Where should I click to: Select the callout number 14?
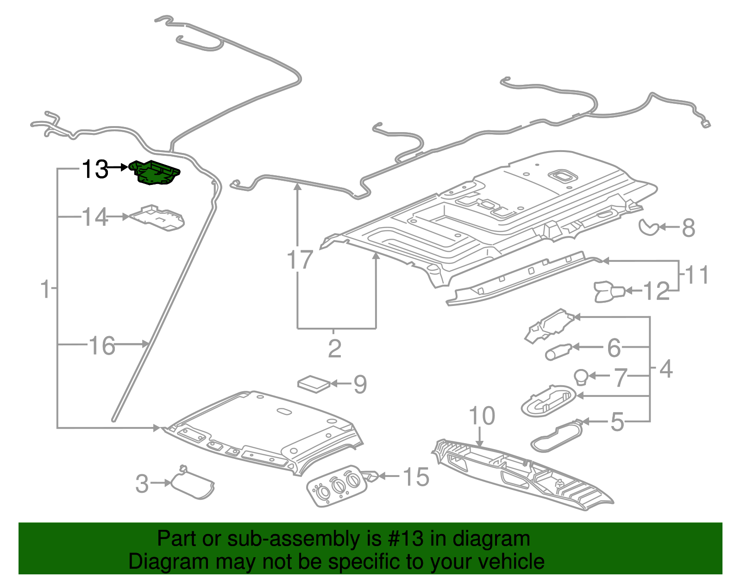tap(95, 217)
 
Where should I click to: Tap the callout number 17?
tap(300, 260)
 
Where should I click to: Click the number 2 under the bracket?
tap(334, 349)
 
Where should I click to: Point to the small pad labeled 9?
tap(314, 384)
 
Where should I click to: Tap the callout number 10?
tap(482, 416)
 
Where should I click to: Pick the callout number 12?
tap(657, 291)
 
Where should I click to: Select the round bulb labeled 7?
tap(582, 376)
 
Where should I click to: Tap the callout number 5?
tap(617, 422)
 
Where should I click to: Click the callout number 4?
tap(666, 369)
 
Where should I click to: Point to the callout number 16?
tap(102, 346)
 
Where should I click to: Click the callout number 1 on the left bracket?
tap(45, 289)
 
